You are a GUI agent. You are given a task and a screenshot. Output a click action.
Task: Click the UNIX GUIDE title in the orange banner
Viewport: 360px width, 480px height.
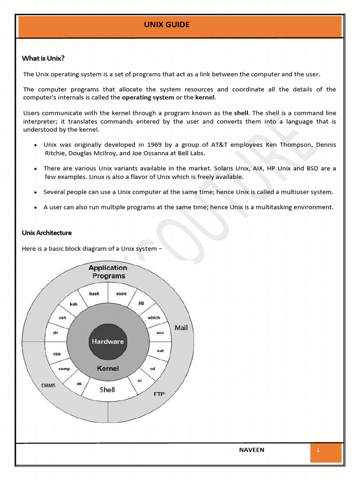coord(167,25)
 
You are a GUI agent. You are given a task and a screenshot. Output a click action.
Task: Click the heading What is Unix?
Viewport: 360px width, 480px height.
coord(43,59)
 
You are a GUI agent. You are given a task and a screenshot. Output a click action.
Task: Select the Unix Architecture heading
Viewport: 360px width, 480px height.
coord(47,232)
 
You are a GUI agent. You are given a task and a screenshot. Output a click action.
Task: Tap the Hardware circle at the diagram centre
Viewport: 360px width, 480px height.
coord(108,341)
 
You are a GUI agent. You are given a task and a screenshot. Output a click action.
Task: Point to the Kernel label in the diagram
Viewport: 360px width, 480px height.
coord(108,368)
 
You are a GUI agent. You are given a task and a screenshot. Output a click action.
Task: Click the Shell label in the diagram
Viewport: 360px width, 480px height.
coord(107,390)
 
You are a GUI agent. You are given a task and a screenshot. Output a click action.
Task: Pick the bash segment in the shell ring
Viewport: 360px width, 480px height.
coord(94,294)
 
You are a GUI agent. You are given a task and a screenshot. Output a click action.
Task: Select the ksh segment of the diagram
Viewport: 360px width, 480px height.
coord(74,304)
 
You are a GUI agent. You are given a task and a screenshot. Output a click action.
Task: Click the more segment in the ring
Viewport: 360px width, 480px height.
coord(121,294)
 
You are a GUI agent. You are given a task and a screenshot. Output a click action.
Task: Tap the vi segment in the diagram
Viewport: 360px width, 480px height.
coord(140,380)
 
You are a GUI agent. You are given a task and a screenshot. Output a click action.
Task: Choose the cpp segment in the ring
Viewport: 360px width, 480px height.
coord(57,353)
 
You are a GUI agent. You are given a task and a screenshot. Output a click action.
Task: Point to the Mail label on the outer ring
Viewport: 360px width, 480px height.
coord(181,328)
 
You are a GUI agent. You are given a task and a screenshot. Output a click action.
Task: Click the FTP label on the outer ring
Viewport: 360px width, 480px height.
coord(159,394)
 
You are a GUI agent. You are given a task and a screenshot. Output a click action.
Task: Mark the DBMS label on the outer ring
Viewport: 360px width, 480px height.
coord(48,385)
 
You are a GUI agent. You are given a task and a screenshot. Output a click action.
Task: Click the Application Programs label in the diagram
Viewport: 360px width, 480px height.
coord(108,272)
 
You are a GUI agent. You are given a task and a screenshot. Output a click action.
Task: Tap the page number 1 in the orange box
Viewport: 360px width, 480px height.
coord(318,450)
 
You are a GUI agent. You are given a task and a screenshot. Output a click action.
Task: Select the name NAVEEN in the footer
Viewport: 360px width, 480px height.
coord(252,450)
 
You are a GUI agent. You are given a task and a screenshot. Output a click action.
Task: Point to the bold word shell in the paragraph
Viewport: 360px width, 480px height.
coord(241,113)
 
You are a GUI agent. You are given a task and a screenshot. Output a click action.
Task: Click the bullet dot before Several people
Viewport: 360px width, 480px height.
coord(36,193)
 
